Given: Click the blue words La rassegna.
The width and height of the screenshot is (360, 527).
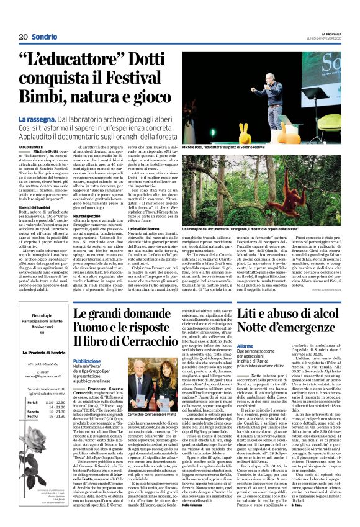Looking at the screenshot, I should pyautogui.click(x=56, y=118).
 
